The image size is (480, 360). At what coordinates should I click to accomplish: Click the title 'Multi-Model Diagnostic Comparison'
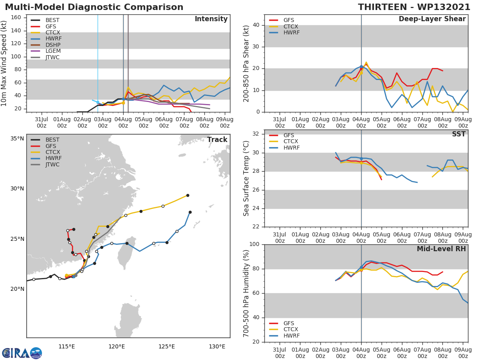(94, 7)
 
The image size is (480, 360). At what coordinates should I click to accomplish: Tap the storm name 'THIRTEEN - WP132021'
(414, 7)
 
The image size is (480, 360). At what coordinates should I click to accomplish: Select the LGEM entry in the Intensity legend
(52, 51)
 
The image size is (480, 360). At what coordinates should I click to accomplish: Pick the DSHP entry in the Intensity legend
(53, 45)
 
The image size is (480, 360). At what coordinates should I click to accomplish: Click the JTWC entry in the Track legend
(52, 165)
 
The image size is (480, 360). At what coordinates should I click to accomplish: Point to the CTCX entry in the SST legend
(291, 142)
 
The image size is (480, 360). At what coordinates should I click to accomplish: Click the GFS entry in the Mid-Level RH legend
(291, 323)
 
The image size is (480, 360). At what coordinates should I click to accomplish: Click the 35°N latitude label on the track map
(17, 139)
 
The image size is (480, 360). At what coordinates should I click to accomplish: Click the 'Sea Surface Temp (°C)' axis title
(246, 178)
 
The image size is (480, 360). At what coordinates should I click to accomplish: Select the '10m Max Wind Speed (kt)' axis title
(4, 64)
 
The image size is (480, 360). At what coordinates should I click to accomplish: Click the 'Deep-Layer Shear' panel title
(432, 19)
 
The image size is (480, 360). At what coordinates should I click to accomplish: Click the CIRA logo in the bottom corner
(22, 353)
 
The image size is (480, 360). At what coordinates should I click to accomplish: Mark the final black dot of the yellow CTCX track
(188, 195)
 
